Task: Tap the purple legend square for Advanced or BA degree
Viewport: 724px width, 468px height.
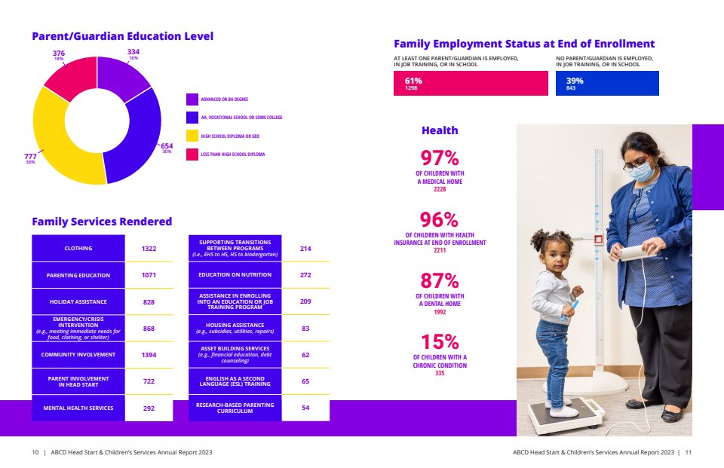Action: coord(192,99)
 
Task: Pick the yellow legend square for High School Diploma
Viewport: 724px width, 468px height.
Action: coord(192,136)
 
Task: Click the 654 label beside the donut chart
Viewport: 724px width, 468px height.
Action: coord(167,146)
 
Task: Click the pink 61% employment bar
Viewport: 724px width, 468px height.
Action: coord(471,83)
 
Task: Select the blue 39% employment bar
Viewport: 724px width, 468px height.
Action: coord(607,83)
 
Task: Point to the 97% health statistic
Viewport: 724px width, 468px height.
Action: coord(440,158)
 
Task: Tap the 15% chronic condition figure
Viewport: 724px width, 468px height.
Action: coord(440,342)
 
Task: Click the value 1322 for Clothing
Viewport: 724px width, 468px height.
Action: coord(149,248)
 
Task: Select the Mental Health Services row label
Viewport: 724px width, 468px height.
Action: coord(78,408)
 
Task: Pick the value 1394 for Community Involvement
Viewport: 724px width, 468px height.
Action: coord(149,354)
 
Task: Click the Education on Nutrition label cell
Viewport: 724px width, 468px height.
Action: coord(235,275)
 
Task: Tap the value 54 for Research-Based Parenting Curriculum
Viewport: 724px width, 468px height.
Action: coord(305,408)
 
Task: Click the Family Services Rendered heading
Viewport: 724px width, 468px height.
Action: coord(102,222)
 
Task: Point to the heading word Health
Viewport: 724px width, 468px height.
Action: coord(440,130)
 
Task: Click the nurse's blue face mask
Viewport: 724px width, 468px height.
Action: coord(640,173)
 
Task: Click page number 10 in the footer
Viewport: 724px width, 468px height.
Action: coord(35,452)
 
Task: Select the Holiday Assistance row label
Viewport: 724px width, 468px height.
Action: coord(78,301)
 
